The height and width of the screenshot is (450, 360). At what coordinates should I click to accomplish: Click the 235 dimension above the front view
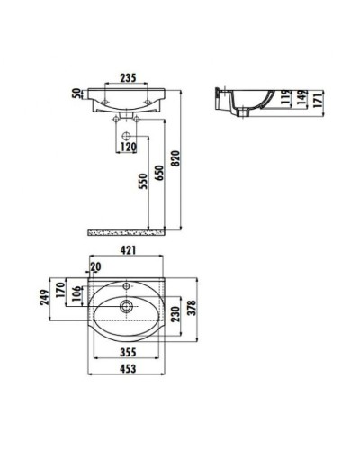[129, 77]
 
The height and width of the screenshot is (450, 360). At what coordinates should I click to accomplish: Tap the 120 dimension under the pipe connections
[129, 145]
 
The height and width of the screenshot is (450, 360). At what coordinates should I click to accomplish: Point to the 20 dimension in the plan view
[96, 267]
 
